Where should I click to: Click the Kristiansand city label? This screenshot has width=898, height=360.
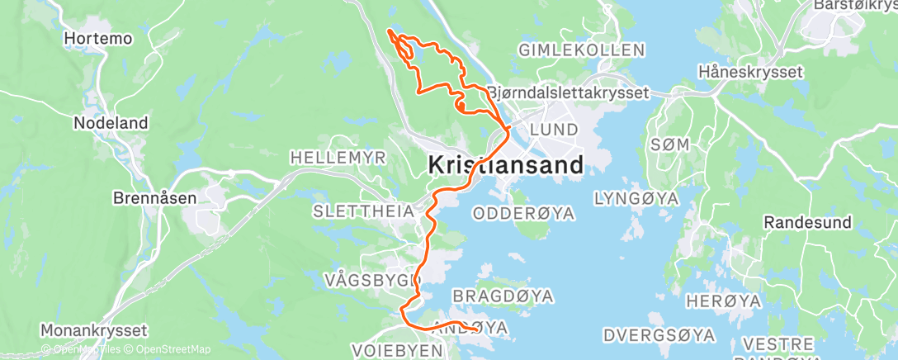click(x=506, y=164)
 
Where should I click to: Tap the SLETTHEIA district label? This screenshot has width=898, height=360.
click(x=363, y=211)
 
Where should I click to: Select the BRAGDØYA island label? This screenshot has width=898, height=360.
click(x=503, y=296)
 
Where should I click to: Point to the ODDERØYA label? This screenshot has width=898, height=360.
click(x=522, y=213)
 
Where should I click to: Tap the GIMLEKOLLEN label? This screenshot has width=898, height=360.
click(x=581, y=50)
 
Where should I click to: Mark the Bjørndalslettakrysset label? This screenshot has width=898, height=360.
click(x=568, y=93)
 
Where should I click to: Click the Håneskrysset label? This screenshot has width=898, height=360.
click(x=750, y=72)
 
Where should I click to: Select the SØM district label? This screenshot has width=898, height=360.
click(x=669, y=144)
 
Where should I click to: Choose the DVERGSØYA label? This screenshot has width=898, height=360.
click(x=659, y=335)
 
